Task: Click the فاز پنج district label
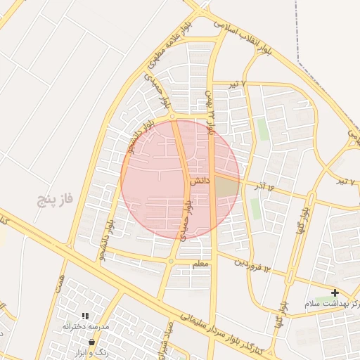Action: point(57,200)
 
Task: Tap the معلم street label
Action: point(201,263)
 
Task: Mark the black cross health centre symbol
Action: point(335,292)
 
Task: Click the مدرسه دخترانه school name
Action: point(84,326)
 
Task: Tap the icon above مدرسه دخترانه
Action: point(85,316)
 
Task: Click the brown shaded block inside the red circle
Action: point(226,188)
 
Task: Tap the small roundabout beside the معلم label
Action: point(170,262)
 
